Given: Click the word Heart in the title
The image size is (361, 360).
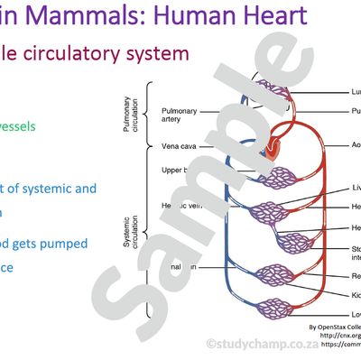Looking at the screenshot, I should pos(270,14).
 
